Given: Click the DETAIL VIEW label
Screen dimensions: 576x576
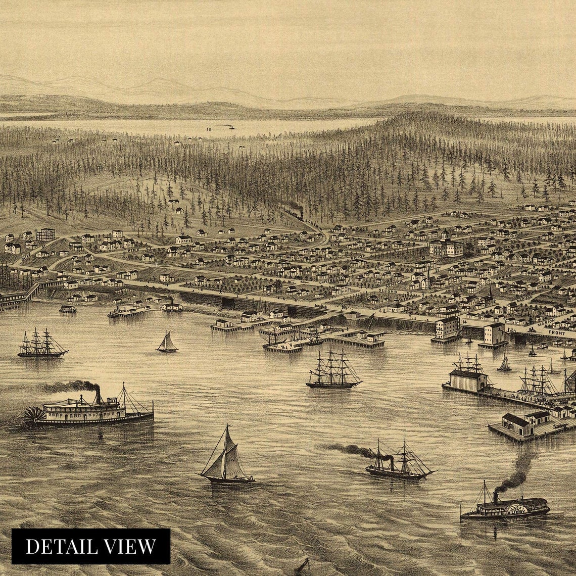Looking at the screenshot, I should [91, 546].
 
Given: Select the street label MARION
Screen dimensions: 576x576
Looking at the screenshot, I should [549, 320].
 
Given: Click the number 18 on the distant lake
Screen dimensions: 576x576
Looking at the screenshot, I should [208, 129].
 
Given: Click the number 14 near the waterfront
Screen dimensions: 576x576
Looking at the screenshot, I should [464, 321].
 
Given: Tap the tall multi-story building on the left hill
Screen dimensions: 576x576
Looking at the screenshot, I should [45, 234].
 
